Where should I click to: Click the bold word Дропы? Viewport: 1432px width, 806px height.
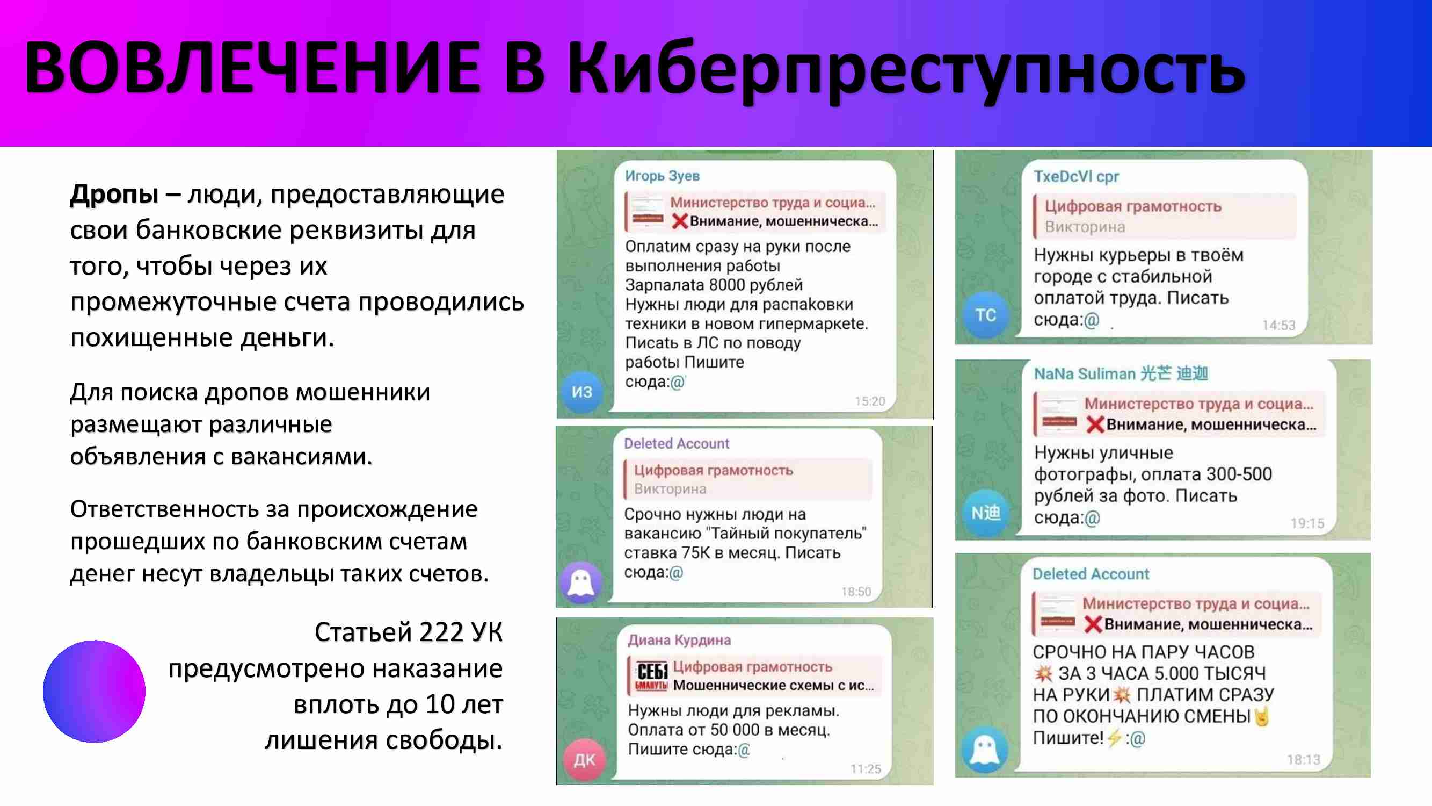114,195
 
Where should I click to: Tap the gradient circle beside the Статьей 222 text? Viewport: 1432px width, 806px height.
94,691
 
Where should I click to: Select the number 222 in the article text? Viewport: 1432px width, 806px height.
441,632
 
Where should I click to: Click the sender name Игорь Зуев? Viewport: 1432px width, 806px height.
662,176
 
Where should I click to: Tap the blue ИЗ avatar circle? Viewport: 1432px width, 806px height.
582,392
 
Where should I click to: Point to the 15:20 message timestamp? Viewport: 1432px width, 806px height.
869,401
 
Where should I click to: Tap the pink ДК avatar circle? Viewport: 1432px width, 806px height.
584,760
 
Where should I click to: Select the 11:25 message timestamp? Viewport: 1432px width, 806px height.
866,769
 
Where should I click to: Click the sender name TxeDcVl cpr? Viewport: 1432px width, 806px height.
1076,176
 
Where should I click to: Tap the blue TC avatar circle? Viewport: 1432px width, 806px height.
986,315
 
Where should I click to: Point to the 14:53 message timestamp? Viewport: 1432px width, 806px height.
1278,325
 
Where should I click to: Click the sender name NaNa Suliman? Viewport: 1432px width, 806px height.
1084,373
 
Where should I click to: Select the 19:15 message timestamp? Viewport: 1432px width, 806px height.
1307,523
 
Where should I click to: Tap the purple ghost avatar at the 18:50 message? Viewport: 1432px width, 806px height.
581,583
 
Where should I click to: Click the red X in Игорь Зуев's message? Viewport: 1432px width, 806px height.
679,221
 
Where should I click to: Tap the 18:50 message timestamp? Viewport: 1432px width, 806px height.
856,591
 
